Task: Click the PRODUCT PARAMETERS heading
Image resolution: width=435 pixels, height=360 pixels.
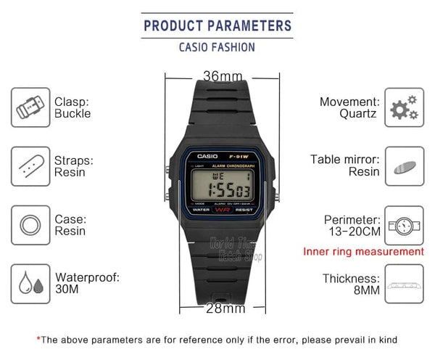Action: tap(217, 25)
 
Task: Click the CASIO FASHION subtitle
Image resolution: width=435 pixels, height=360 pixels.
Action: tap(217, 47)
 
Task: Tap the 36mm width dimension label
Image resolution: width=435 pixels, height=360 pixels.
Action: tap(223, 76)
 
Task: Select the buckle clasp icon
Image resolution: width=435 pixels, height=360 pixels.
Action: tap(30, 107)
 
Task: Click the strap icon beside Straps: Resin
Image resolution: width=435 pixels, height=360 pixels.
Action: tap(30, 165)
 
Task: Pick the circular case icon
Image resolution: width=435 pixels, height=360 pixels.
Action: tap(30, 224)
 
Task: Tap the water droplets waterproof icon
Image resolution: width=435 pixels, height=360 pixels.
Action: tap(30, 283)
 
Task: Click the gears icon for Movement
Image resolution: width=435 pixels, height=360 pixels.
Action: tap(404, 107)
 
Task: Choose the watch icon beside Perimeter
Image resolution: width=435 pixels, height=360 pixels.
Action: tap(404, 226)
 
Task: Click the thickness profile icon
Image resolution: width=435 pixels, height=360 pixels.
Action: tap(404, 285)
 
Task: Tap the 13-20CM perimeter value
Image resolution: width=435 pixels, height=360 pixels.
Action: tap(352, 232)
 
